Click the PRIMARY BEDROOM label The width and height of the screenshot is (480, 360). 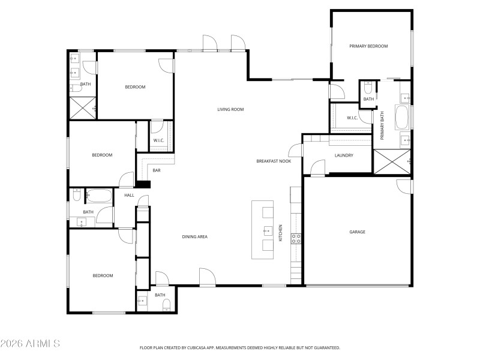[369, 46]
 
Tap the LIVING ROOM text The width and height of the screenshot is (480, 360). [230, 109]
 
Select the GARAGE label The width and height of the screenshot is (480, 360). [358, 232]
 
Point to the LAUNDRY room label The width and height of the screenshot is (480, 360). [344, 155]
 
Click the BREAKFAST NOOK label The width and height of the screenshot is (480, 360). [274, 161]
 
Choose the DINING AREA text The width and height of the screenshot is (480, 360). [194, 237]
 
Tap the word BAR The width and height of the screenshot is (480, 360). [156, 171]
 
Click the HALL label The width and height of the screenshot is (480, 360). [129, 196]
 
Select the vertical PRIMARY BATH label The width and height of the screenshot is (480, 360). [382, 125]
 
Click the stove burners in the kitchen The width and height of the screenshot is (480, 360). [296, 239]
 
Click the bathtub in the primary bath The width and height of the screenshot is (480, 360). [401, 117]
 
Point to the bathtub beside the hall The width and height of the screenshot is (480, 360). [99, 196]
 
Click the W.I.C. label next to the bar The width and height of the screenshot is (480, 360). [158, 140]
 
